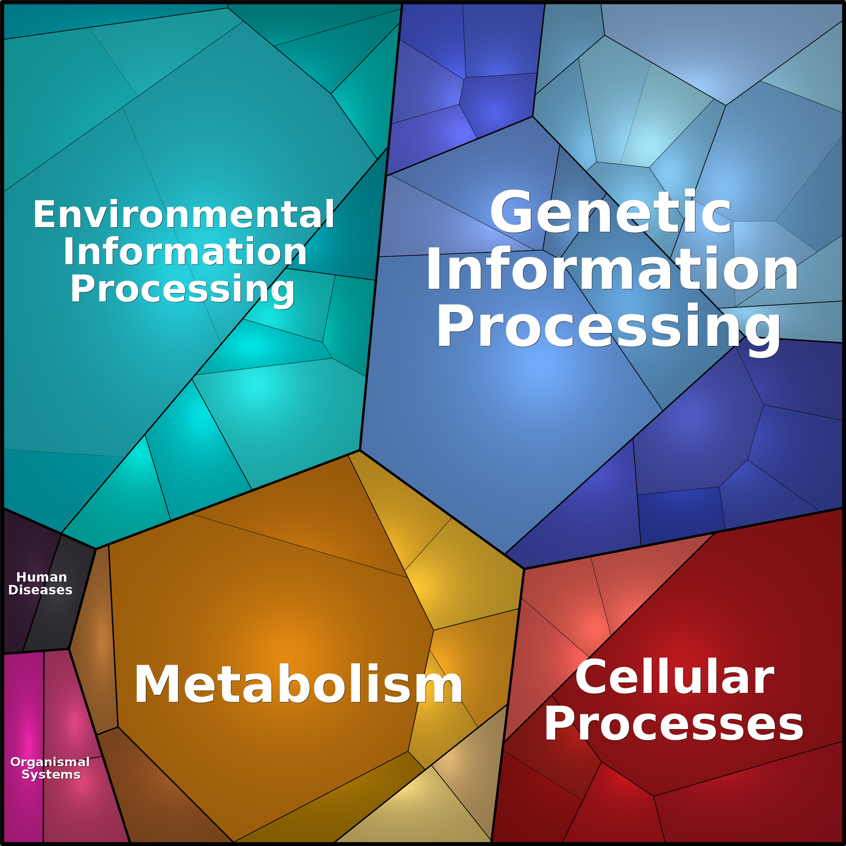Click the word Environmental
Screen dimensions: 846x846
tap(184, 215)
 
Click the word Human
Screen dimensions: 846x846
tap(42, 577)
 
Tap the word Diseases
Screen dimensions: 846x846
tap(40, 590)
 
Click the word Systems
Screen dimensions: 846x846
tap(51, 774)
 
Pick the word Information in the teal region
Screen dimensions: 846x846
tap(185, 252)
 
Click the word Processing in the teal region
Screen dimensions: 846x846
tap(183, 289)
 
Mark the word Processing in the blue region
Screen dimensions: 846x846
tap(609, 326)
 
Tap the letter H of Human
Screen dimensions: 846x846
tap(21, 577)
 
